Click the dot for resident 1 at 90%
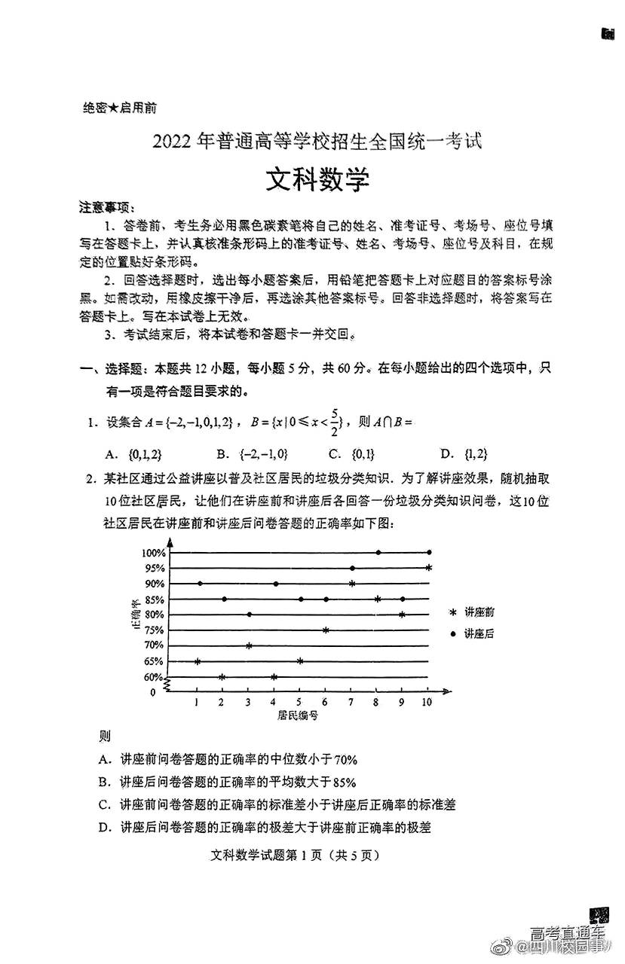click(x=200, y=583)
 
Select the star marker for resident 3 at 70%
click(x=249, y=645)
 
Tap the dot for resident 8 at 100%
click(x=378, y=552)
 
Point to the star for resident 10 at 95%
click(x=428, y=568)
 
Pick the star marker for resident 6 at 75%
click(x=326, y=630)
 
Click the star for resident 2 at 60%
click(x=222, y=677)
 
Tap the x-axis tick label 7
click(x=351, y=703)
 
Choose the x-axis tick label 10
click(x=427, y=703)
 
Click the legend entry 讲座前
click(x=479, y=612)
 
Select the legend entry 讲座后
click(x=479, y=634)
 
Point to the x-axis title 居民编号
click(x=298, y=716)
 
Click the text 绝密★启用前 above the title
click(x=119, y=108)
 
